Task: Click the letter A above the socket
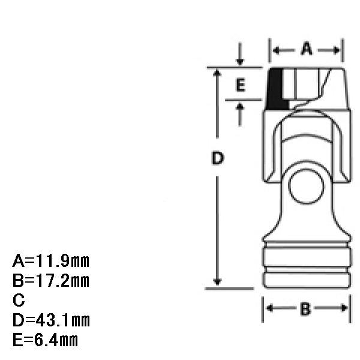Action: pos(307,49)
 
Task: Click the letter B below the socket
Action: pos(305,309)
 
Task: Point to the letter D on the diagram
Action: pos(217,158)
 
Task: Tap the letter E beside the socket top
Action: pos(241,85)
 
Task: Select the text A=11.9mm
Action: pos(51,261)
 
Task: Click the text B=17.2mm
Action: pos(51,281)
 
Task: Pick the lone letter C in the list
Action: pos(19,300)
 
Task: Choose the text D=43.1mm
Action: pos(51,320)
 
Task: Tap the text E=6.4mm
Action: pos(45,340)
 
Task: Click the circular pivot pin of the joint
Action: pos(306,186)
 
